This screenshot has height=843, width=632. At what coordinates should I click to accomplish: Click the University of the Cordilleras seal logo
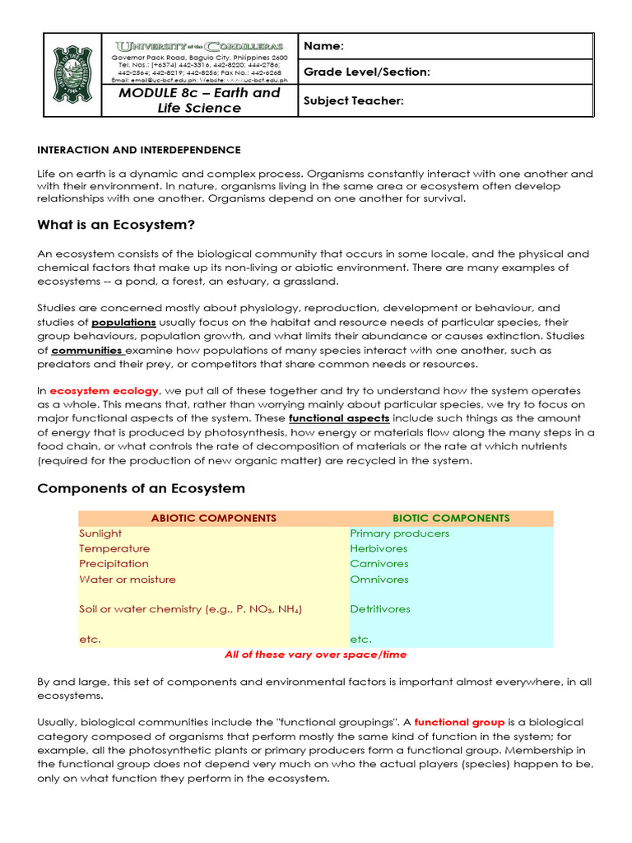[72, 75]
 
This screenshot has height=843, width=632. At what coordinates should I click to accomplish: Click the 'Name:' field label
[323, 46]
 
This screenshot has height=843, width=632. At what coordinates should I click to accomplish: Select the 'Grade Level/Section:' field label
[366, 72]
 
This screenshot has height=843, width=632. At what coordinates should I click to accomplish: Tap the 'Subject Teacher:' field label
[353, 100]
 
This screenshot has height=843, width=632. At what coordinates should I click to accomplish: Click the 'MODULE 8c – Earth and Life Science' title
[199, 100]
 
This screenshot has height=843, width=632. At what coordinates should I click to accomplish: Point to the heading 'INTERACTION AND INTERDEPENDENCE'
[139, 150]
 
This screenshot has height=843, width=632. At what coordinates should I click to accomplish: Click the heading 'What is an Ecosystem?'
[116, 225]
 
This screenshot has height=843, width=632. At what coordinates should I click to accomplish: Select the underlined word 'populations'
[123, 322]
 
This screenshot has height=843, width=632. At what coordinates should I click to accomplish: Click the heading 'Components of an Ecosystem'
[142, 488]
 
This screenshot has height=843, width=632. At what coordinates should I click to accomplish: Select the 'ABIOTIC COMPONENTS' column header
[214, 518]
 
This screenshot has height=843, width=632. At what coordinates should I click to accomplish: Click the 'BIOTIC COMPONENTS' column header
[451, 518]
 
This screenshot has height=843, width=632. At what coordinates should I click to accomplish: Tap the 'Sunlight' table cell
[100, 533]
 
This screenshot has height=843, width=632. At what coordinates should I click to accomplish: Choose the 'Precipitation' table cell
[114, 564]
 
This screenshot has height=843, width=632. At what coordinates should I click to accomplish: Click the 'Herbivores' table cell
[378, 548]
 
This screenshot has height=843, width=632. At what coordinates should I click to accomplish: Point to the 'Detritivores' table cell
[380, 609]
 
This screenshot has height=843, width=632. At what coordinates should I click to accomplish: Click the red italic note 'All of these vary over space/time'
[316, 654]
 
